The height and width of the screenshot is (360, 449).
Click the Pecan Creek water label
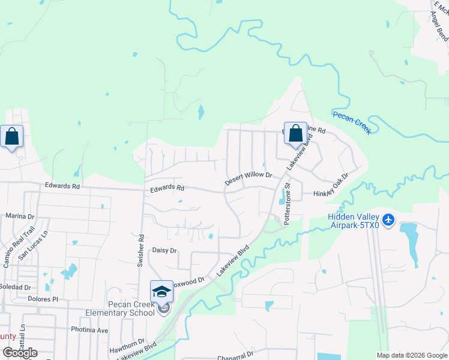point(352,122)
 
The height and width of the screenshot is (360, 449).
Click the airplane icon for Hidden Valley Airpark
point(388,220)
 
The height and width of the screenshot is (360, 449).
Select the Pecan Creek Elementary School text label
point(119,308)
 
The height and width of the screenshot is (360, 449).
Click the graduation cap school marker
point(161,292)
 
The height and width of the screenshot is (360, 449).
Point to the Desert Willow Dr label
point(249,179)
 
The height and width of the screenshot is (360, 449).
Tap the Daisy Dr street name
point(164,250)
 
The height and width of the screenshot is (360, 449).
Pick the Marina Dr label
point(20,215)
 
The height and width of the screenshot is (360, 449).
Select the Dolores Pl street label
point(41,298)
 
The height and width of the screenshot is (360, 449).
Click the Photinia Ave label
point(89,330)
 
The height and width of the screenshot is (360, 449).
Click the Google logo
point(20,353)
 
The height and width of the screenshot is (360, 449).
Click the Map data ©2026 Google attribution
point(411,355)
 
